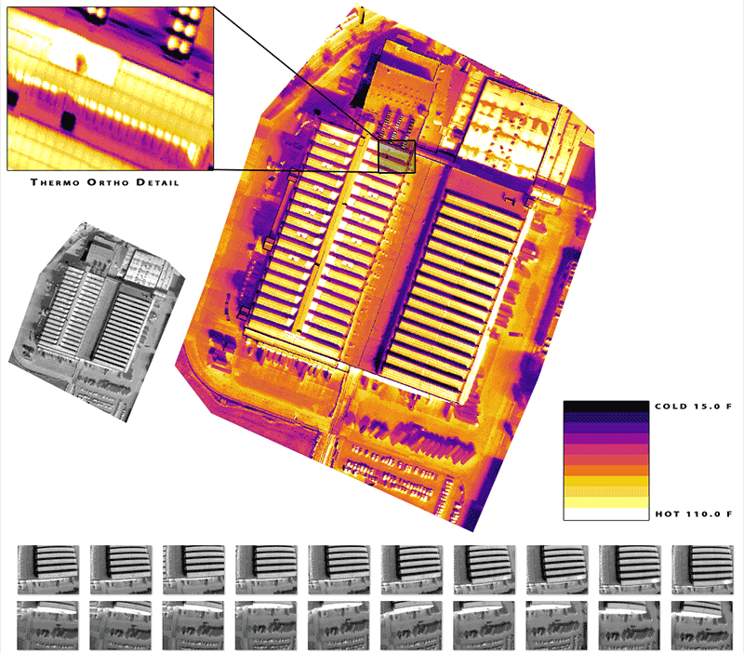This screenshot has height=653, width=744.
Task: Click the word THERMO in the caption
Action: [x=55, y=182]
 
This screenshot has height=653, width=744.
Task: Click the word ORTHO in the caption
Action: [x=108, y=182]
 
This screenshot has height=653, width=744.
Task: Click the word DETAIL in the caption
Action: [x=157, y=182]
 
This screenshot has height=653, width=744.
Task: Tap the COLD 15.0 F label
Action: [x=693, y=406]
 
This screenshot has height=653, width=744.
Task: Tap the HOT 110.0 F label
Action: [x=694, y=514]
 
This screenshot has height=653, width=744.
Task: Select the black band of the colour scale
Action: [x=606, y=406]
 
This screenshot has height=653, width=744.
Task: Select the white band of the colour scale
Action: [x=606, y=514]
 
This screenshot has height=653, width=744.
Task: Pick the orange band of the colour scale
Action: [x=606, y=471]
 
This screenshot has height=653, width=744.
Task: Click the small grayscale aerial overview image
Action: [x=97, y=322]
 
